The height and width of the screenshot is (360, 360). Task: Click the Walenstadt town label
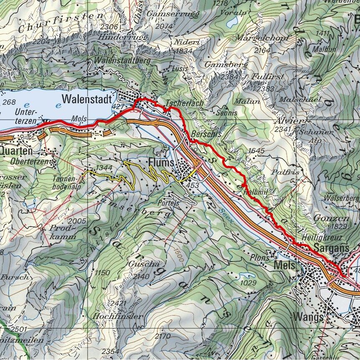87,100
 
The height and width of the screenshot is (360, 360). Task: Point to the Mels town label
284,265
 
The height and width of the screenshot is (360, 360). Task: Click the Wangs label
309,317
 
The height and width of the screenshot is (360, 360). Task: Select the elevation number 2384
232,77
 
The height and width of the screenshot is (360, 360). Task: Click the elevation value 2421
118,303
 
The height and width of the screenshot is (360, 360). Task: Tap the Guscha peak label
138,264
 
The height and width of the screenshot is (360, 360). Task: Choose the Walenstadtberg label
119,60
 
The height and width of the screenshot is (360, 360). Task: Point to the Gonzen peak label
338,218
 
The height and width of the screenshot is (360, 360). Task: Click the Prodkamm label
63,232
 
